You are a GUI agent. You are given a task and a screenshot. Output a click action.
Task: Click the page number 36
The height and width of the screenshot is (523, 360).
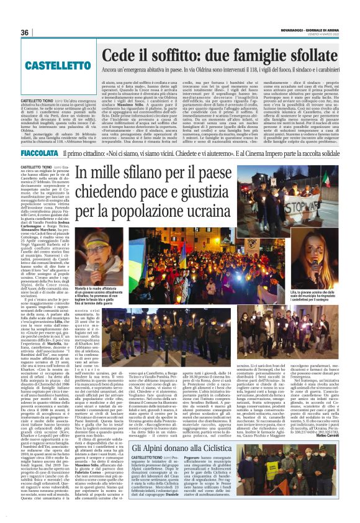coord(25,32)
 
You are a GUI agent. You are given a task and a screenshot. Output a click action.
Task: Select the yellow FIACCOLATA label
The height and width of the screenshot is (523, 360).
coord(40,153)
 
